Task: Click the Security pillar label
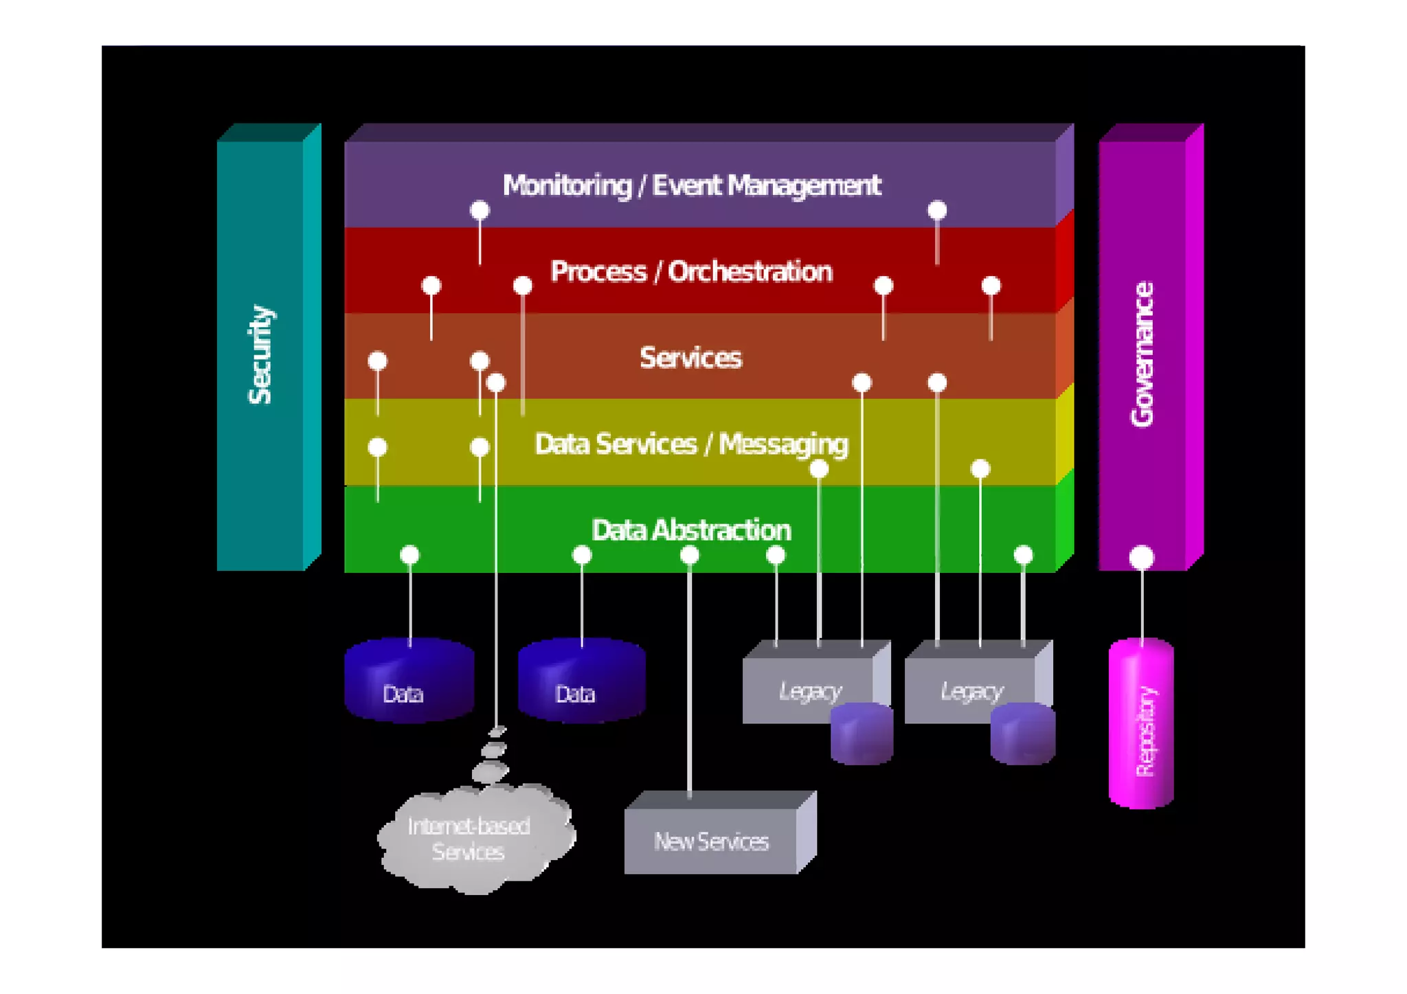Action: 260,354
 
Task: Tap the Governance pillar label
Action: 1142,354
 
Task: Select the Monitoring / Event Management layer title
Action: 691,185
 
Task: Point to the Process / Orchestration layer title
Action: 691,271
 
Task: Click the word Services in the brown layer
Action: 690,358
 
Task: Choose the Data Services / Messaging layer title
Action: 691,444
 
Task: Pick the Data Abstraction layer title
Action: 691,530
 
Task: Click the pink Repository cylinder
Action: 1141,723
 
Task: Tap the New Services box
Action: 720,832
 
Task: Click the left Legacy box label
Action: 810,691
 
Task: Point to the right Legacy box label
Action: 971,691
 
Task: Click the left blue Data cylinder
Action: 409,680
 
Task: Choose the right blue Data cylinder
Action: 581,680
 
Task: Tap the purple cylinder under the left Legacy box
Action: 862,733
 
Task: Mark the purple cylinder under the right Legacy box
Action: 1022,733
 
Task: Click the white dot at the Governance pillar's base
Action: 1142,557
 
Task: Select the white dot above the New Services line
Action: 690,555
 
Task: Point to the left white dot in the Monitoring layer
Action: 480,210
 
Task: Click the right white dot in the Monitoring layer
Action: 937,210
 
